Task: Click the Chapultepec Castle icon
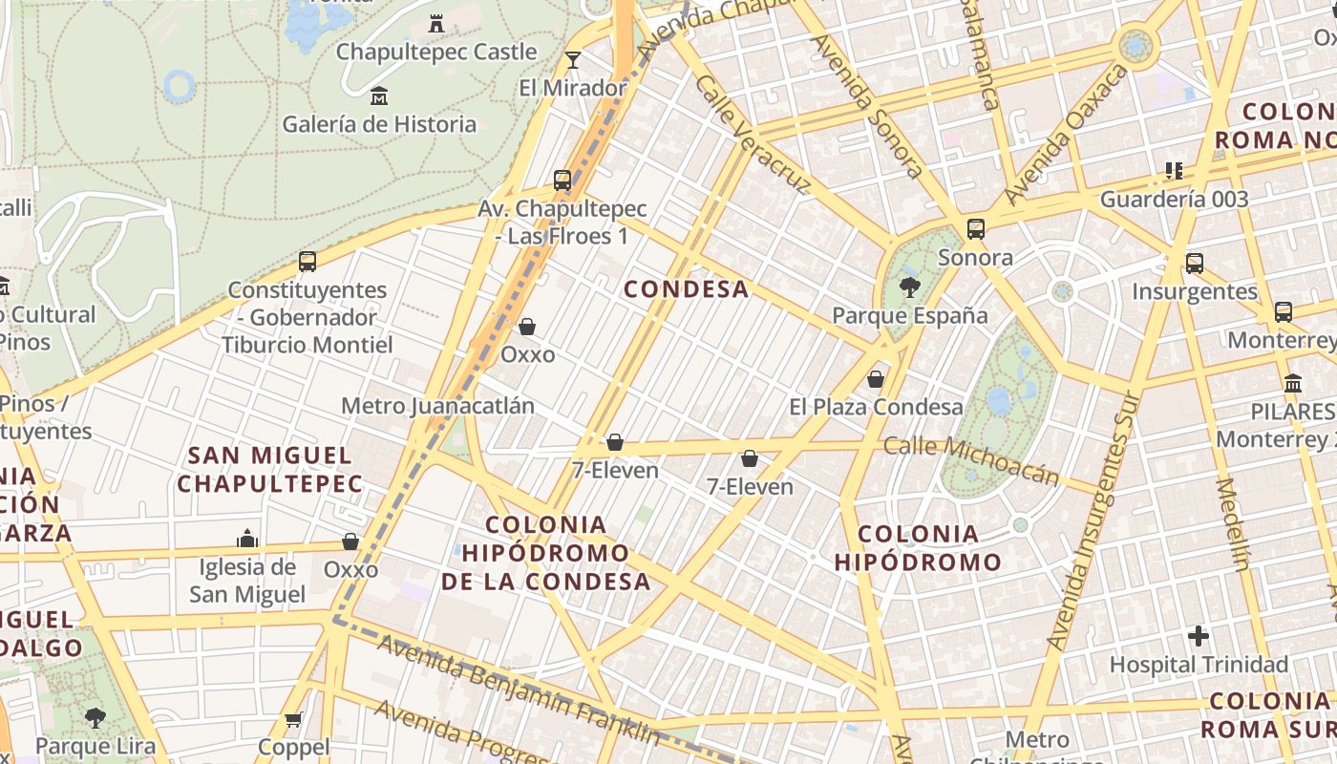(436, 23)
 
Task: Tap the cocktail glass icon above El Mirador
(572, 60)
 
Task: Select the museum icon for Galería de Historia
(379, 95)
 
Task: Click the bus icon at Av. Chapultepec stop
(562, 180)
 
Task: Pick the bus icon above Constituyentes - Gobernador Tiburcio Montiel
(308, 261)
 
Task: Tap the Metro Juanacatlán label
(437, 406)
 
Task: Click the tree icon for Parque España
(909, 286)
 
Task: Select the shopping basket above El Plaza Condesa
(876, 379)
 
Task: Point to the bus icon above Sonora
(975, 229)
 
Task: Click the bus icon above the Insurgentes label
(1195, 264)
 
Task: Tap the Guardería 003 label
(1174, 200)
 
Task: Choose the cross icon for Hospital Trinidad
(1199, 635)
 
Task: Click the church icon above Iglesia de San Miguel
(248, 539)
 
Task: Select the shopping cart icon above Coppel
(293, 719)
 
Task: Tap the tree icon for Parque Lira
(95, 717)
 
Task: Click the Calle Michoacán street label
(971, 459)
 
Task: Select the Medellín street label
(1233, 523)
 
